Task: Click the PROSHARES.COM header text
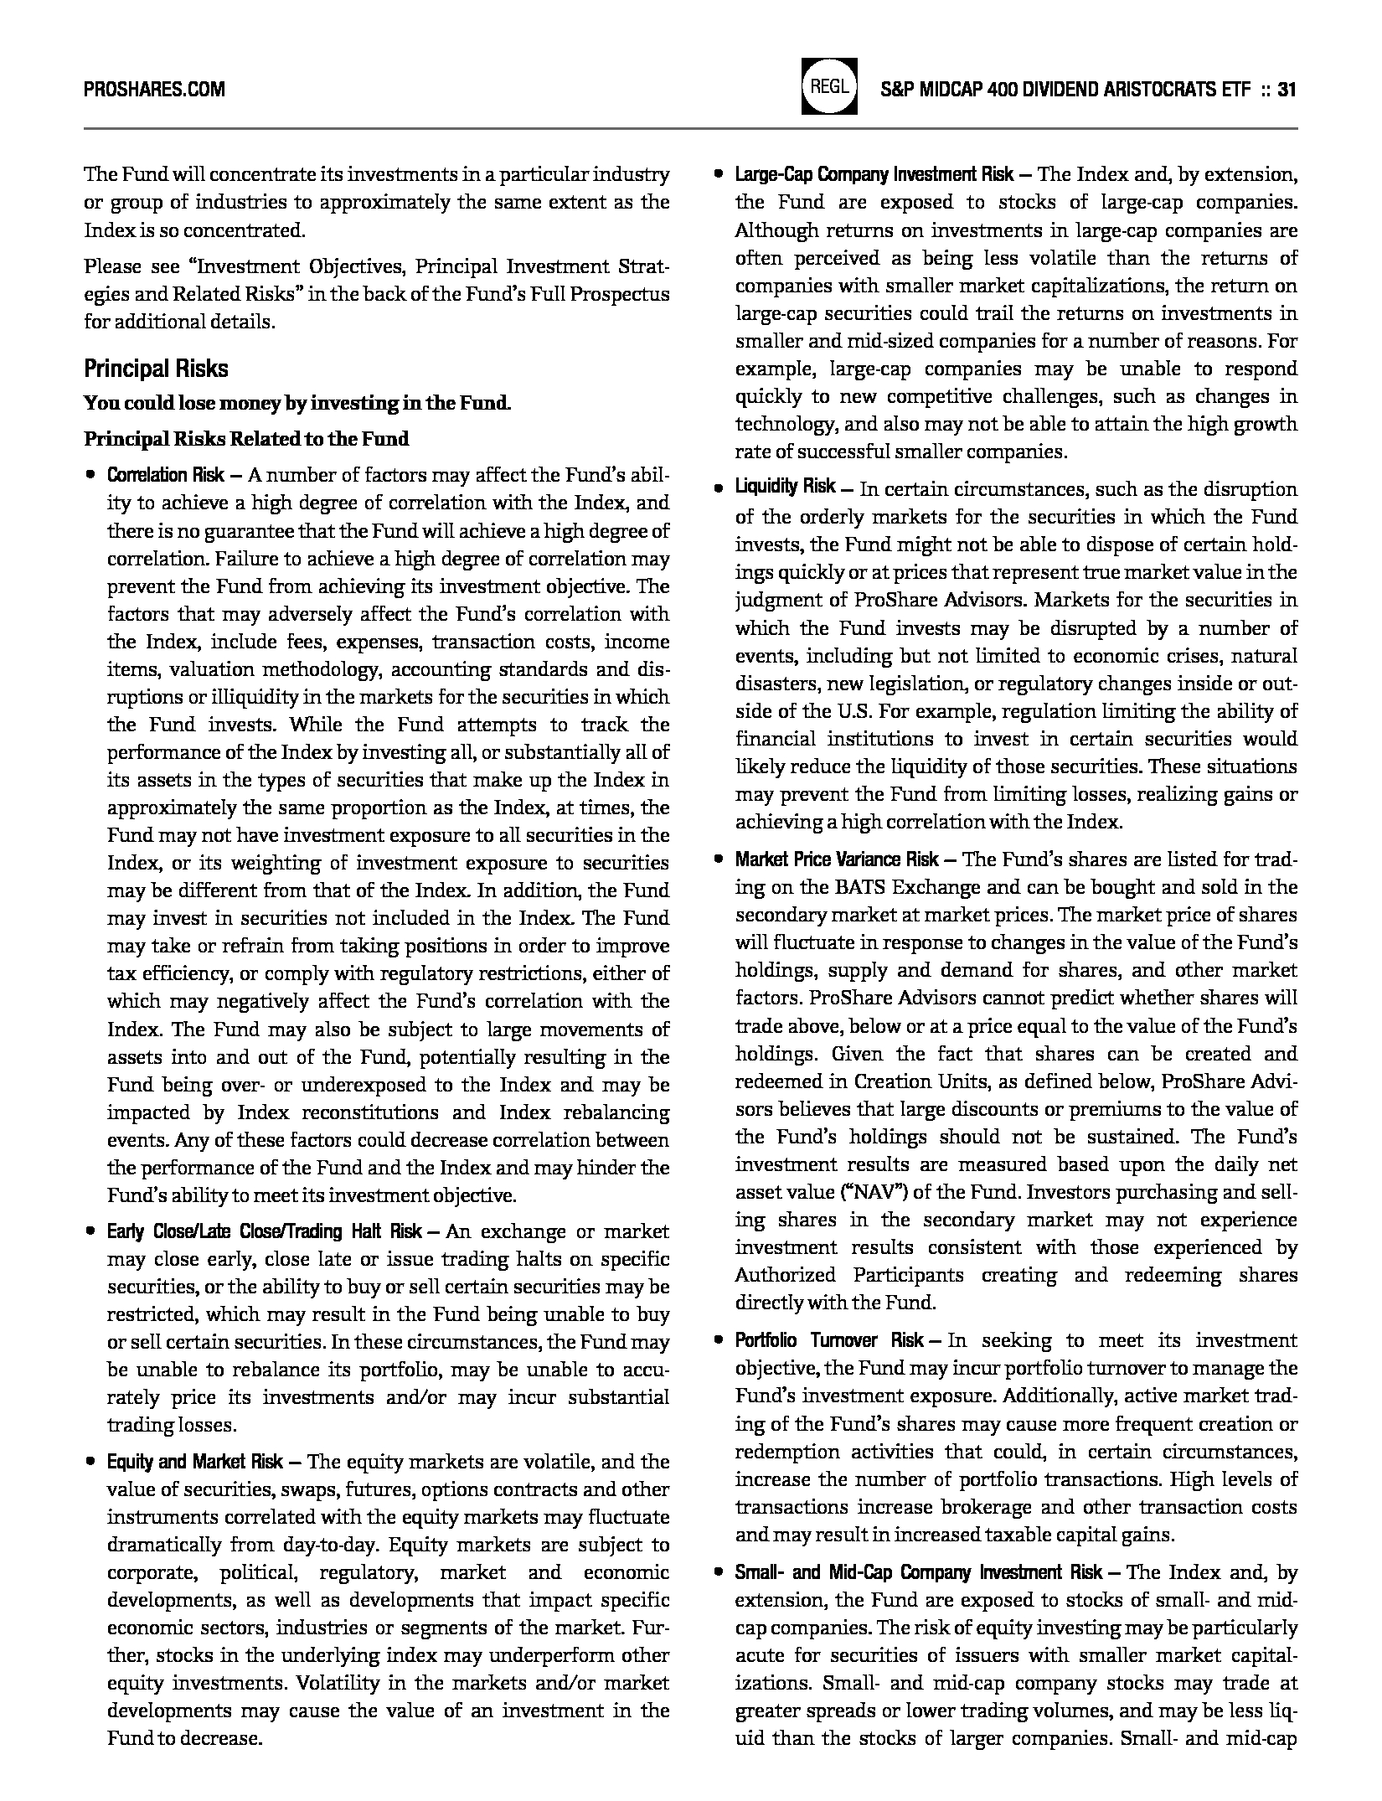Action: coord(154,90)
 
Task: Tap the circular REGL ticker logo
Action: coord(829,85)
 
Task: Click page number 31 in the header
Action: coord(1287,90)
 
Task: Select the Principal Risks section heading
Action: coord(156,369)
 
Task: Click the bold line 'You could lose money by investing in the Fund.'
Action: coord(297,403)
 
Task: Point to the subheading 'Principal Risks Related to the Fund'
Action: coord(246,439)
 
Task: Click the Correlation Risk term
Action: coord(165,476)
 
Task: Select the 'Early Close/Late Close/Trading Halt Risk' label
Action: coord(264,1231)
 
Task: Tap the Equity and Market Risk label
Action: coord(194,1462)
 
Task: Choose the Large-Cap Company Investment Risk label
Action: coord(874,175)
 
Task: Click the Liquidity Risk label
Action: coord(785,487)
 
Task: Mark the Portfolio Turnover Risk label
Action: coord(829,1340)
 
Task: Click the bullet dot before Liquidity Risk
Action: coord(719,488)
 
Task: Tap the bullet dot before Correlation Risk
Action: coord(90,476)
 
